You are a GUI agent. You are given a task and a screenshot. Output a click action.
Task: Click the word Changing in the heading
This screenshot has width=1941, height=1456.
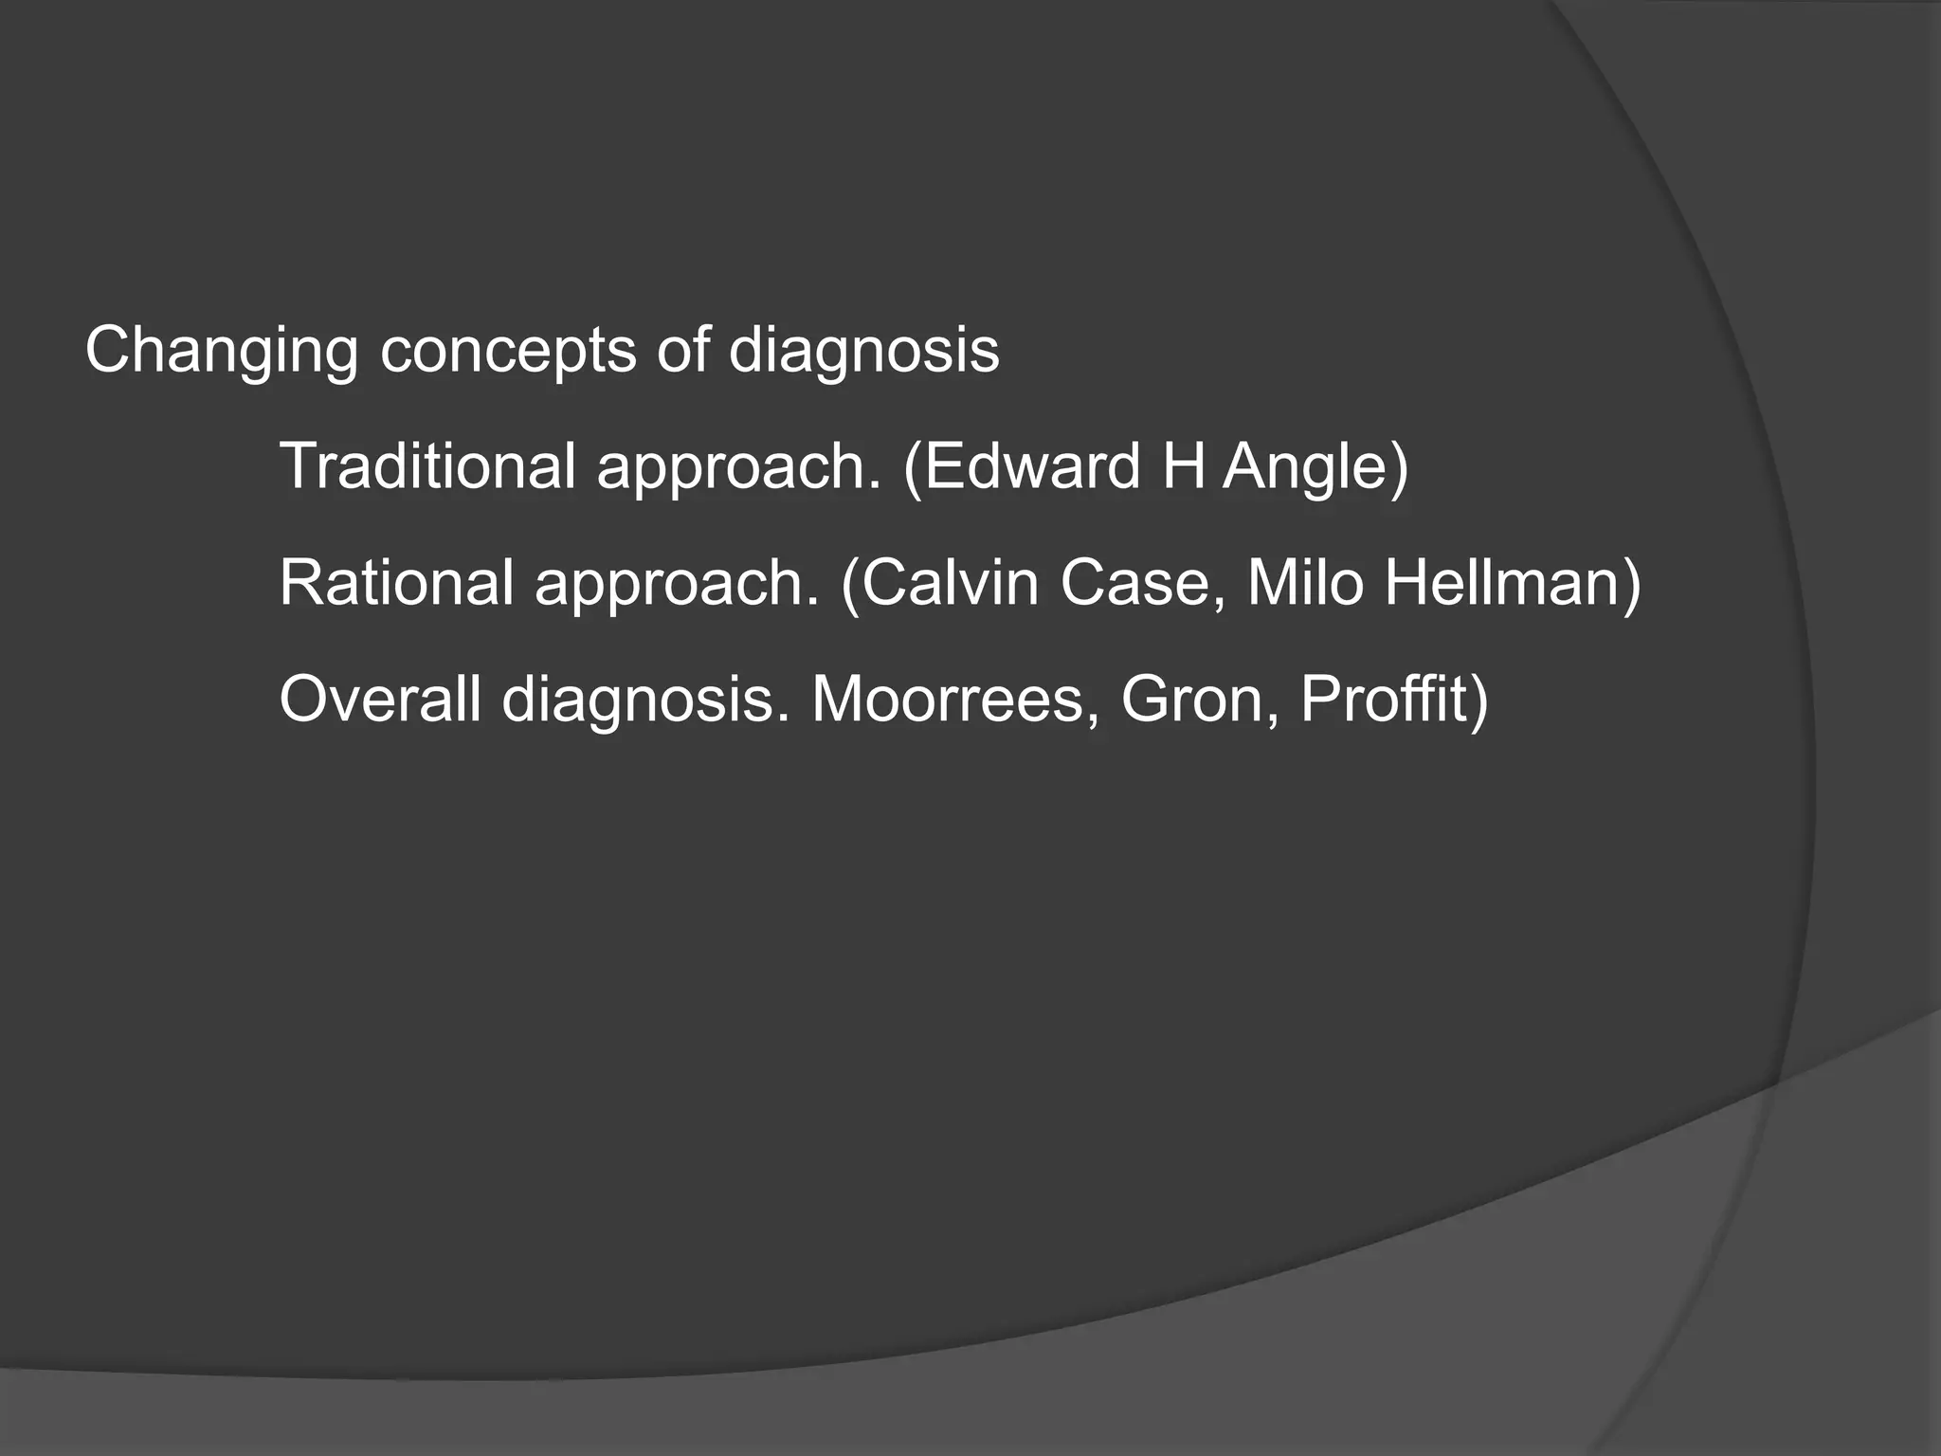pyautogui.click(x=221, y=352)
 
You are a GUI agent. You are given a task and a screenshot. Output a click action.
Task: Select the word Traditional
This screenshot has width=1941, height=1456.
pyautogui.click(x=427, y=466)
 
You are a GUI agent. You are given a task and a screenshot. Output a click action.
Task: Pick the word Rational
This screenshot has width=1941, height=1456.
pyautogui.click(x=396, y=582)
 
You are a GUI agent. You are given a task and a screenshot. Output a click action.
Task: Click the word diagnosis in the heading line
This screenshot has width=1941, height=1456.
pyautogui.click(x=863, y=352)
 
